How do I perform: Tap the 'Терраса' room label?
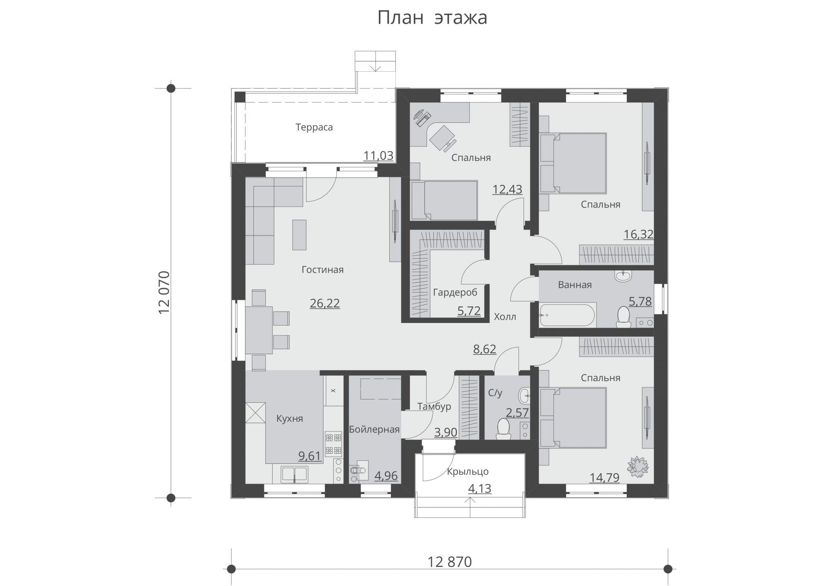(314, 127)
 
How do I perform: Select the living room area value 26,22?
(325, 303)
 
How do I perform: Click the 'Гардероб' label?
(455, 293)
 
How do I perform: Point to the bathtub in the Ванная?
(567, 315)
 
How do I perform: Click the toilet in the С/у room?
(503, 429)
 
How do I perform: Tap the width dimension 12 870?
(450, 562)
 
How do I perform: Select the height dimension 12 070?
(165, 292)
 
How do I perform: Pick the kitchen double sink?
(295, 474)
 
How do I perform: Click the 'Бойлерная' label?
(374, 430)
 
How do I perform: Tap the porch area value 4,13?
(480, 489)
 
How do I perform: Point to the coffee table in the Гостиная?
(299, 235)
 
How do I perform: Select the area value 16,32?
(639, 234)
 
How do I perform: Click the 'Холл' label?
(505, 317)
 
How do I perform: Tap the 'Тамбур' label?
(434, 407)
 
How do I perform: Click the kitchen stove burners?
(334, 444)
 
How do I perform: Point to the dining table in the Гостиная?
(259, 330)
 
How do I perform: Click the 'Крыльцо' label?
(468, 472)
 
